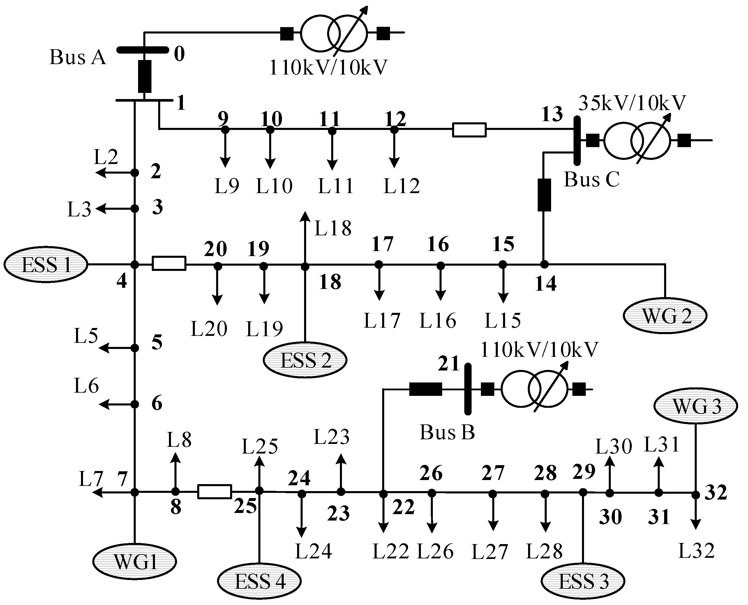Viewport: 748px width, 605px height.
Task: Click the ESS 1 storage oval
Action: click(46, 264)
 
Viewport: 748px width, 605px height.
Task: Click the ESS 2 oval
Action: click(305, 360)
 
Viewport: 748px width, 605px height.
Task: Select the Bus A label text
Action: click(77, 57)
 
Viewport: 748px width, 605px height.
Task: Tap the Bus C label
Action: click(592, 180)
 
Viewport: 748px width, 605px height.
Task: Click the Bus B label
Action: click(447, 432)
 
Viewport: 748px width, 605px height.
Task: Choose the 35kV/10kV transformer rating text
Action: click(632, 103)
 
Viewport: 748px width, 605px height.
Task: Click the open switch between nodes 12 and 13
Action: click(469, 130)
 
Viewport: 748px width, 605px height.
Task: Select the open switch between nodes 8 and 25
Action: click(214, 491)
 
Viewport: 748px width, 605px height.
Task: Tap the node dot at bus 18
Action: click(305, 267)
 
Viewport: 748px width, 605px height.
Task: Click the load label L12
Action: click(402, 186)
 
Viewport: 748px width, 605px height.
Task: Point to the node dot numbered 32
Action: click(695, 495)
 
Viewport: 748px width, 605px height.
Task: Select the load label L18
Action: click(333, 229)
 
